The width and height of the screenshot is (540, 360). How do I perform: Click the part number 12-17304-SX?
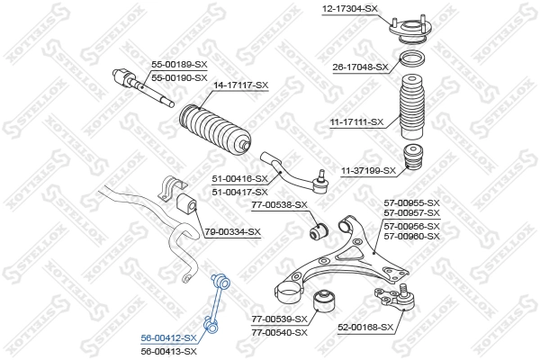click(349, 9)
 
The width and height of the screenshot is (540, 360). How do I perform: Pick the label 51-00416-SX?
click(240, 180)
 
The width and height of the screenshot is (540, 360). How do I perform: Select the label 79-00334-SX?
click(232, 232)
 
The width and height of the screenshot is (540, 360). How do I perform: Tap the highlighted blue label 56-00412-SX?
click(168, 338)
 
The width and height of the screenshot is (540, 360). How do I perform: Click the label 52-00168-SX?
click(367, 328)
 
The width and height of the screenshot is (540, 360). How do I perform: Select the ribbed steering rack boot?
click(214, 131)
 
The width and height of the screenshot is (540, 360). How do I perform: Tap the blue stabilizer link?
click(220, 307)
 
